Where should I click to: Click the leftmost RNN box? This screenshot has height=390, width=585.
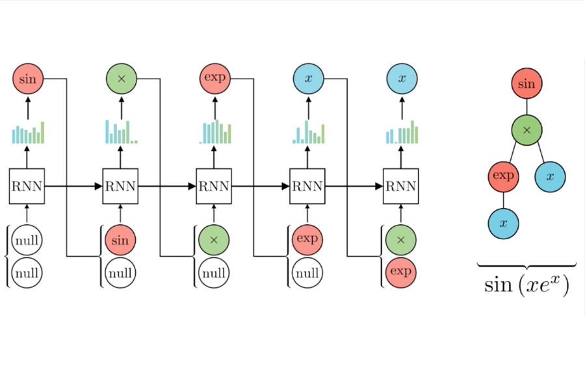point(27,186)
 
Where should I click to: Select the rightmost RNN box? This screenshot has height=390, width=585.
point(400,186)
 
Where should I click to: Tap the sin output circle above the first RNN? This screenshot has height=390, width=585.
point(27,79)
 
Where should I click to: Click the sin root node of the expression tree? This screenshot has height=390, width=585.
point(526,84)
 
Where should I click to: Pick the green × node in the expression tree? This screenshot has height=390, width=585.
point(526,130)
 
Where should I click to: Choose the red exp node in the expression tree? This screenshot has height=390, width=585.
point(504,176)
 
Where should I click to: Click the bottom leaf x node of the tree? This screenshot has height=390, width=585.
point(504,223)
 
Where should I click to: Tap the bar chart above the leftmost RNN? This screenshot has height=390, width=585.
point(28,133)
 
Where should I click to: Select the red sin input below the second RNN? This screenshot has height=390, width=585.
point(120,240)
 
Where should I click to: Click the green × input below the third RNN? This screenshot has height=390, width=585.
point(214,240)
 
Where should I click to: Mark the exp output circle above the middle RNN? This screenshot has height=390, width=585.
point(214,79)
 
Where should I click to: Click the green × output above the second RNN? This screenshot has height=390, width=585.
point(121,79)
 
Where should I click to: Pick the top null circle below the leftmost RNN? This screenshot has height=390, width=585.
point(27,240)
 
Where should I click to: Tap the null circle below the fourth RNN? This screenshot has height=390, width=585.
point(307,272)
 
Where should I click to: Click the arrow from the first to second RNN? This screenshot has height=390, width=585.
point(73,187)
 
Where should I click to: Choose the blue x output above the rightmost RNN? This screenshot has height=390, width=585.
point(402,79)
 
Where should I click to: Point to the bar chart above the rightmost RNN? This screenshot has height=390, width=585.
point(402,133)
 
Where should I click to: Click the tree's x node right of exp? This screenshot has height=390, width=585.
point(550,176)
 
